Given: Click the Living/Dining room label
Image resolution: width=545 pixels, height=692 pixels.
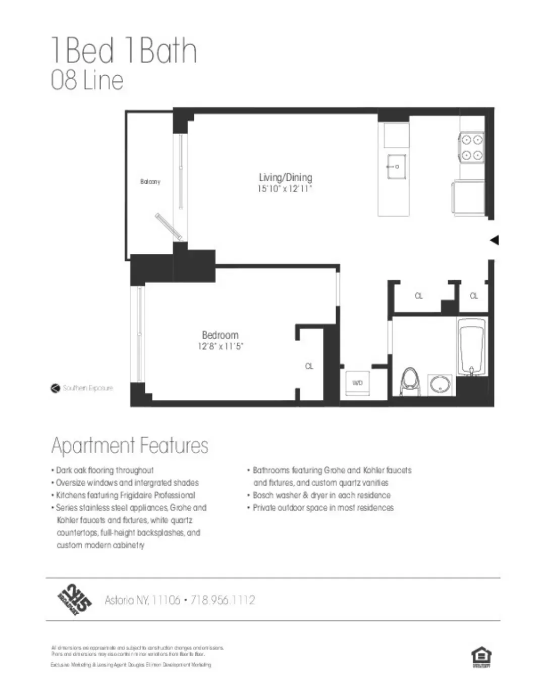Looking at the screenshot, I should [x=285, y=177].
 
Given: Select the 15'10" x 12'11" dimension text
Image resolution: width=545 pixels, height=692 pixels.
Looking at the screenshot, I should [x=285, y=189].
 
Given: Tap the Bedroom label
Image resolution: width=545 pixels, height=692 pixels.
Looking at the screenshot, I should [x=220, y=335].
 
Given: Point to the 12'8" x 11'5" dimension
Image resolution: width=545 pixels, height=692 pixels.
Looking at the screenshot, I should [x=220, y=346].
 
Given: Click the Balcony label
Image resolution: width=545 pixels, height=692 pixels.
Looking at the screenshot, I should [x=150, y=182].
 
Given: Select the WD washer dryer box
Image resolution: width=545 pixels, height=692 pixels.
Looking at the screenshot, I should [x=357, y=383].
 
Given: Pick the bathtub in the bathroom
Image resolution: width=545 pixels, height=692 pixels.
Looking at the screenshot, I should [x=472, y=347].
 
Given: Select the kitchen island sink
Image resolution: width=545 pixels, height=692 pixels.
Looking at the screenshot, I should [x=397, y=167].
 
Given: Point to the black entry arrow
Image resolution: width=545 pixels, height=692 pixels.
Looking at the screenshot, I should [x=495, y=240].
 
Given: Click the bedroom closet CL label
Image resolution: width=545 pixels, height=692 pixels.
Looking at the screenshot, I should [x=309, y=366].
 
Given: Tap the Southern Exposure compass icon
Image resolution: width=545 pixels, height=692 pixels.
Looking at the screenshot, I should [x=56, y=388].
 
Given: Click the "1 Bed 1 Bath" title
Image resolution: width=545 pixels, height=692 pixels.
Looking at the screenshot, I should [x=124, y=50].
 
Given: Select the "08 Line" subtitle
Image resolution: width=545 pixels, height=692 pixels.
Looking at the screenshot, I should [x=87, y=81].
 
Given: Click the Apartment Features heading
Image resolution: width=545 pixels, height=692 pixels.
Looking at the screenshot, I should [x=130, y=446].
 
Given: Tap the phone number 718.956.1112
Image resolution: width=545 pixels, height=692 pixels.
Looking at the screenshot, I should [x=223, y=600].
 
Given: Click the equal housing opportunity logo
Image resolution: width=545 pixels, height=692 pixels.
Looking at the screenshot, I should [x=481, y=657].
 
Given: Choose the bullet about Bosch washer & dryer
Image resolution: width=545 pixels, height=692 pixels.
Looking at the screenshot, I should [x=321, y=495].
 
